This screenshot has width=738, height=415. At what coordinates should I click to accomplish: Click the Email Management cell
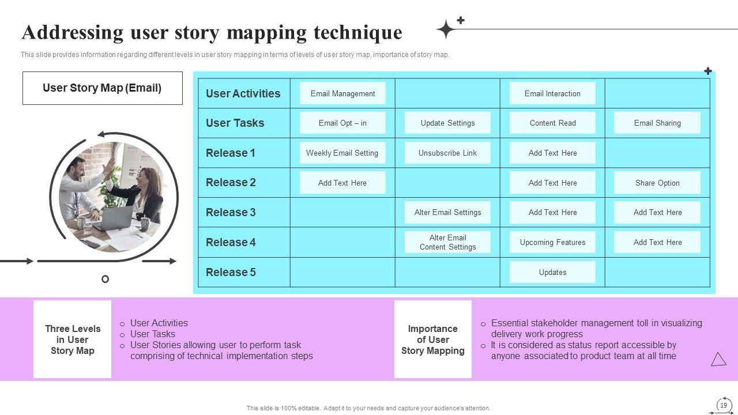(x=342, y=93)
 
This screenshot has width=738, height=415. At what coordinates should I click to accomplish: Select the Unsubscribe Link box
(x=447, y=153)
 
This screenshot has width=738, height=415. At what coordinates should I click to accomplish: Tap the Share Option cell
(x=657, y=183)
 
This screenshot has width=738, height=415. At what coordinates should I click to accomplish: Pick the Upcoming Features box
(x=552, y=242)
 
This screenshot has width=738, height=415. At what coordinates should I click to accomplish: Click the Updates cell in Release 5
(x=552, y=272)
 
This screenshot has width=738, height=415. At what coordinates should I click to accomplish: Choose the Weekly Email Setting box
(x=342, y=153)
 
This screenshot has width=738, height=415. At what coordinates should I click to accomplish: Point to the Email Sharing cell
(x=657, y=123)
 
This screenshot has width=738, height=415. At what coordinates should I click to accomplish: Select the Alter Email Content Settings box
(x=447, y=242)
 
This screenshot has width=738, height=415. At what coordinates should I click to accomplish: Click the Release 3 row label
(x=231, y=212)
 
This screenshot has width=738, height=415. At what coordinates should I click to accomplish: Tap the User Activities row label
(x=243, y=93)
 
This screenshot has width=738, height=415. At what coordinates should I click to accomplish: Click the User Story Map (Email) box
(x=103, y=88)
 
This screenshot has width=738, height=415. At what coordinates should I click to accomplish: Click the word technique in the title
(x=357, y=32)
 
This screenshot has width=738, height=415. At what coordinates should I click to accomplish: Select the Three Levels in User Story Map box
(x=73, y=339)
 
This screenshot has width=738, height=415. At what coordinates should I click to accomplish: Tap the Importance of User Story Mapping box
(x=433, y=339)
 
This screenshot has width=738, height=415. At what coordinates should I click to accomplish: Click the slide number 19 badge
(x=724, y=405)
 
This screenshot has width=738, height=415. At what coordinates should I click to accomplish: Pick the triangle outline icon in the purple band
(x=718, y=360)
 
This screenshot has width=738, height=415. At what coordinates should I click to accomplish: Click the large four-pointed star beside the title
(x=446, y=29)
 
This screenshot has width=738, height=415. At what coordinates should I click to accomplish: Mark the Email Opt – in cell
(x=342, y=123)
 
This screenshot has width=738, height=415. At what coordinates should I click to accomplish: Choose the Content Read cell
(x=552, y=123)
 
